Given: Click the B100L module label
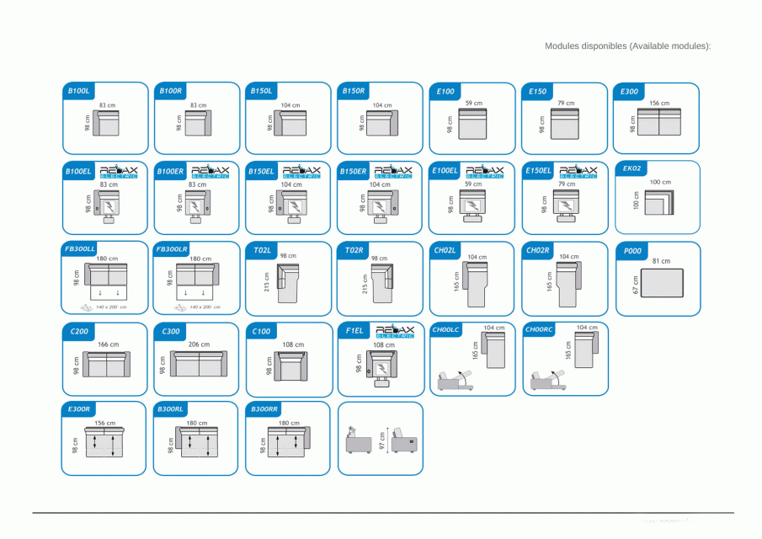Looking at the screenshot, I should pyautogui.click(x=79, y=90).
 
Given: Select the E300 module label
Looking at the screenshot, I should pyautogui.click(x=629, y=91).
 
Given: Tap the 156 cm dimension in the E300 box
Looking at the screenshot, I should pyautogui.click(x=659, y=103).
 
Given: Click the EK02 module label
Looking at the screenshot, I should pyautogui.click(x=632, y=168).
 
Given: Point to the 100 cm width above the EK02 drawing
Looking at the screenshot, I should pyautogui.click(x=660, y=182).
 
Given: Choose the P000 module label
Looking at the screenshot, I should pyautogui.click(x=632, y=250).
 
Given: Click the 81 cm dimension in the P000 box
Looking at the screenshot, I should pyautogui.click(x=661, y=261).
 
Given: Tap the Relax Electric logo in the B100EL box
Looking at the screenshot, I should pyautogui.click(x=120, y=171).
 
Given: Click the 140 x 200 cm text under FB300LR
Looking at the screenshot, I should pyautogui.click(x=205, y=307).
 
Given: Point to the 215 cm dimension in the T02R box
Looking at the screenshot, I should pyautogui.click(x=365, y=283).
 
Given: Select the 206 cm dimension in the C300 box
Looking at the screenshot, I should pyautogui.click(x=199, y=344).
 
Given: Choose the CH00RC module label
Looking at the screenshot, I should pyautogui.click(x=539, y=329).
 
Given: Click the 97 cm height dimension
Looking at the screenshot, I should pyautogui.click(x=384, y=442).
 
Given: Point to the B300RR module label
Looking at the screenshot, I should pyautogui.click(x=264, y=408).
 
